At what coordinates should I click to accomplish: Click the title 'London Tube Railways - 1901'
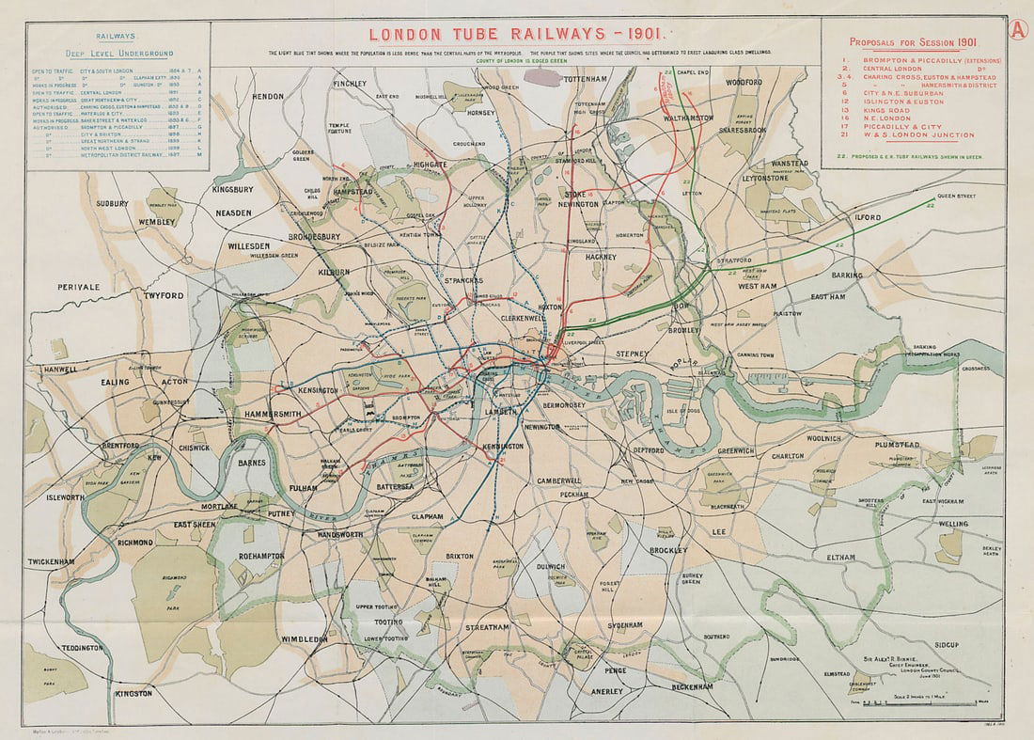tap(516, 35)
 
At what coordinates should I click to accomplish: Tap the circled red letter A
tap(1017, 28)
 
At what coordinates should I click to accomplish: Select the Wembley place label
tap(159, 221)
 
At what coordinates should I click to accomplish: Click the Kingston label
tap(133, 694)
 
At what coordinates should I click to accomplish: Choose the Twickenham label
tap(51, 562)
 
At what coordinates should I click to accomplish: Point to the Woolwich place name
tap(823, 438)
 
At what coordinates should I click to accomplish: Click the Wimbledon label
tap(304, 639)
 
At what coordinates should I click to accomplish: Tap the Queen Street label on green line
tap(956, 196)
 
